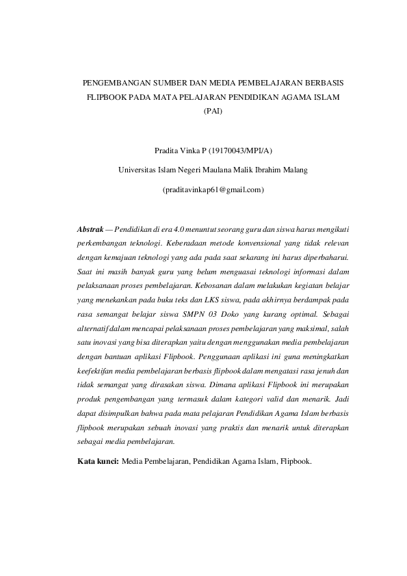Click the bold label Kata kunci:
(98, 461)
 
